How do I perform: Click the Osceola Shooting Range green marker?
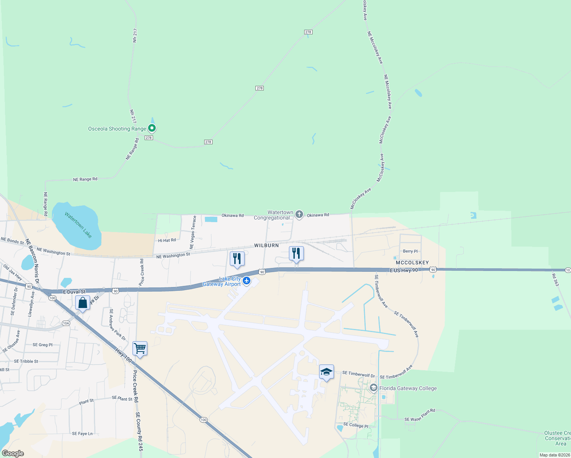coord(152,128)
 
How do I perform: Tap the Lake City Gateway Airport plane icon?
coord(247,281)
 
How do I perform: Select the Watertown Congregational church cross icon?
coord(299,214)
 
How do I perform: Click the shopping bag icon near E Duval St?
coord(82,303)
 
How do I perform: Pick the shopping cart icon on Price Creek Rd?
coord(140,348)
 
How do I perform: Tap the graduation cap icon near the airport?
coord(326,372)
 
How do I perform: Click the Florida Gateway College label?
coord(408,388)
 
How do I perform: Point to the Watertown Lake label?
coord(78,225)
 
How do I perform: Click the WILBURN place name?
coord(266,245)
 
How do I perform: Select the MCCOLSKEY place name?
coord(412,263)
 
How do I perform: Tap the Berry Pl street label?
coord(410,251)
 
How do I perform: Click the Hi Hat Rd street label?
coord(167,240)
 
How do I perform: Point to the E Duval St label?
coord(74,292)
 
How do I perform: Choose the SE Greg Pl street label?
coord(42,345)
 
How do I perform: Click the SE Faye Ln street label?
coord(82,434)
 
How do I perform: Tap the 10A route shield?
coord(66,323)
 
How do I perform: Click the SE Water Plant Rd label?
coord(420,416)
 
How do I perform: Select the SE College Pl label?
coord(356,425)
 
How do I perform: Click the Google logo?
coord(13,453)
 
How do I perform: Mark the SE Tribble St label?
coord(26,361)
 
